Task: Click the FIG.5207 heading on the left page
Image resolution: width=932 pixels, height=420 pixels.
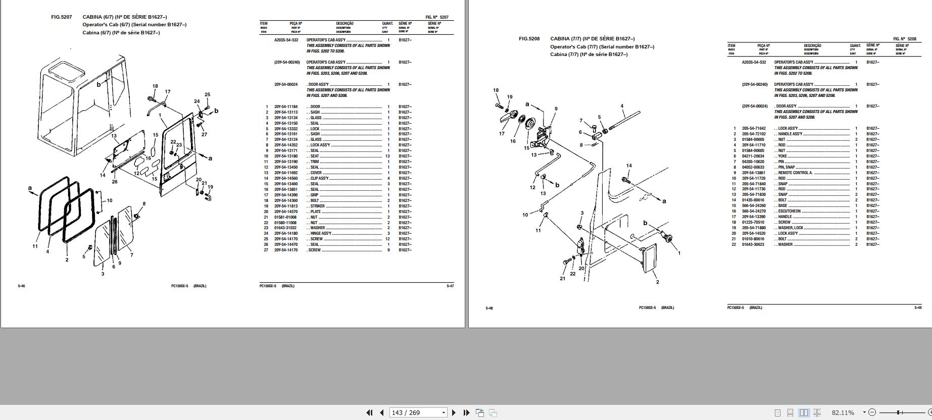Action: pyautogui.click(x=62, y=17)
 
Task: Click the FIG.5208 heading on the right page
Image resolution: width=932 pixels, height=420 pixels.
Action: pyautogui.click(x=529, y=39)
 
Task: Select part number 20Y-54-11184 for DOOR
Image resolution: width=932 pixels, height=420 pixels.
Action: pyautogui.click(x=286, y=107)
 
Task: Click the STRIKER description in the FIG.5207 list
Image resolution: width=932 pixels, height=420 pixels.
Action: pyautogui.click(x=318, y=206)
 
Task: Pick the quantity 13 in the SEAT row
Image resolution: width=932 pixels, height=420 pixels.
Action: pyautogui.click(x=387, y=156)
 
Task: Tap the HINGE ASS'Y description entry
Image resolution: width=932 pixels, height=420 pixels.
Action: pyautogui.click(x=321, y=234)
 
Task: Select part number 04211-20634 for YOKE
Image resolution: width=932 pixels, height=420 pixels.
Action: pyautogui.click(x=753, y=156)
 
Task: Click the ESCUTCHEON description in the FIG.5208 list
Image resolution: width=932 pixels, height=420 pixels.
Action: pyautogui.click(x=790, y=212)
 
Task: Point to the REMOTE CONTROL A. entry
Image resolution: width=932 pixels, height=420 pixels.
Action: pyautogui.click(x=795, y=173)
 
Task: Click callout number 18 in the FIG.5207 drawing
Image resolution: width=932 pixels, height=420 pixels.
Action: pyautogui.click(x=155, y=86)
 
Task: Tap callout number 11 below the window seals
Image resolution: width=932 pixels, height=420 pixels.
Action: pyautogui.click(x=35, y=246)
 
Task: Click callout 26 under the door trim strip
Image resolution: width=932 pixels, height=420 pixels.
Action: pyautogui.click(x=115, y=182)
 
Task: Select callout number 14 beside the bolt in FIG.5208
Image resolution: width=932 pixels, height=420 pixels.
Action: pyautogui.click(x=629, y=166)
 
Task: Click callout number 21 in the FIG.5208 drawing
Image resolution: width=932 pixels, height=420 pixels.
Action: pyautogui.click(x=563, y=278)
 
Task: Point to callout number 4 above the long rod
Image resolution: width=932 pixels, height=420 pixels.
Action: pyautogui.click(x=622, y=107)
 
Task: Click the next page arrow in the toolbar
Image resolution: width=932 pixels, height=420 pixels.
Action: pyautogui.click(x=454, y=412)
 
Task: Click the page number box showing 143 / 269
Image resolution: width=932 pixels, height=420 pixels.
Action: pyautogui.click(x=418, y=412)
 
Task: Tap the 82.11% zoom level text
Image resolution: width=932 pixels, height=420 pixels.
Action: pyautogui.click(x=843, y=412)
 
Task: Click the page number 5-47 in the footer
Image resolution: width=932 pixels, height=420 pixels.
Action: pyautogui.click(x=450, y=286)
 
